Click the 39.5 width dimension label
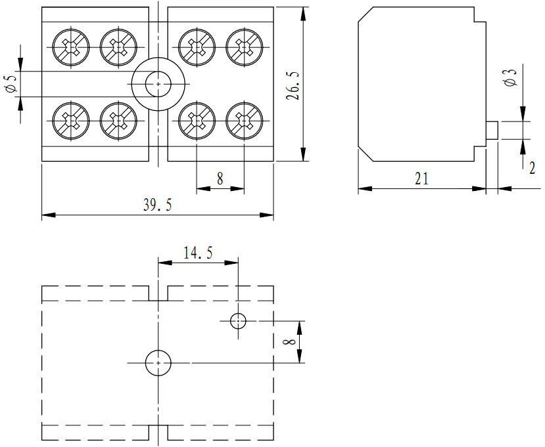tap(157, 205)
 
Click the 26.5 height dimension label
tap(294, 86)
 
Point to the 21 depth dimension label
tap(421, 179)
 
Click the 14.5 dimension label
tap(197, 253)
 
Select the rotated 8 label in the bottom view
tap(287, 341)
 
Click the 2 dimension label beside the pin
tap(532, 167)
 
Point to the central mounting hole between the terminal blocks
tap(158, 84)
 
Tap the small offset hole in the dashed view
tap(238, 320)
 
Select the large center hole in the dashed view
tap(158, 362)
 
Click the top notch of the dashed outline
tap(158, 293)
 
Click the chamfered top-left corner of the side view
tap(366, 14)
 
